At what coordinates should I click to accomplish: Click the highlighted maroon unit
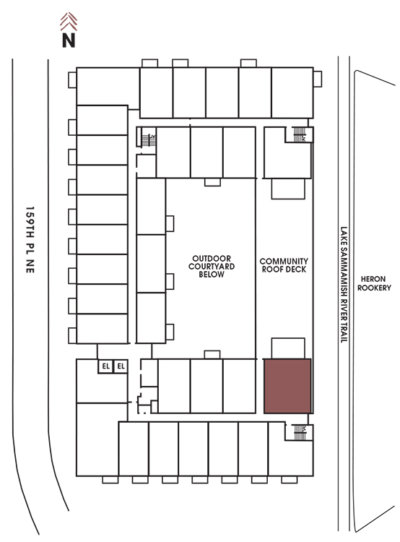tap(288, 386)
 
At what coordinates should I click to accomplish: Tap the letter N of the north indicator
tap(69, 40)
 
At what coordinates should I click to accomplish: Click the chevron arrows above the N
tap(69, 22)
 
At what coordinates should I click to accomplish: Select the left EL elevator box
tap(105, 366)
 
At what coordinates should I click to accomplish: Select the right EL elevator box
tap(121, 366)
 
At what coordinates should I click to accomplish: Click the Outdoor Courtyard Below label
tap(212, 267)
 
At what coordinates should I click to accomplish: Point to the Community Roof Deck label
tap(284, 265)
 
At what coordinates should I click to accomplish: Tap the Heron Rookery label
tap(374, 283)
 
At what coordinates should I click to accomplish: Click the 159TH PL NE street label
tap(30, 240)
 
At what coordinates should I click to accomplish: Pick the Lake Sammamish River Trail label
tap(344, 285)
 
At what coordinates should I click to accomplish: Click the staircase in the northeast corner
tap(300, 134)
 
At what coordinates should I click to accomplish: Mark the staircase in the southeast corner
tap(300, 432)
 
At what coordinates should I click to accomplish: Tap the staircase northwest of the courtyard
tap(149, 140)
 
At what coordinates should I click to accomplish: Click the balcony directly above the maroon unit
tap(288, 348)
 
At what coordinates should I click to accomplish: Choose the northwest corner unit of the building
tap(108, 86)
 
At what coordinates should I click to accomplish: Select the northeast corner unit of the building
tap(292, 93)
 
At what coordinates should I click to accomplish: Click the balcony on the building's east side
tap(318, 79)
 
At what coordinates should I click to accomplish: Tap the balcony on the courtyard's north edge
tap(212, 182)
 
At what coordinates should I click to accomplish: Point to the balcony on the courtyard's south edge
tap(212, 355)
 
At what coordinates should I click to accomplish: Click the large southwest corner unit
tap(97, 439)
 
